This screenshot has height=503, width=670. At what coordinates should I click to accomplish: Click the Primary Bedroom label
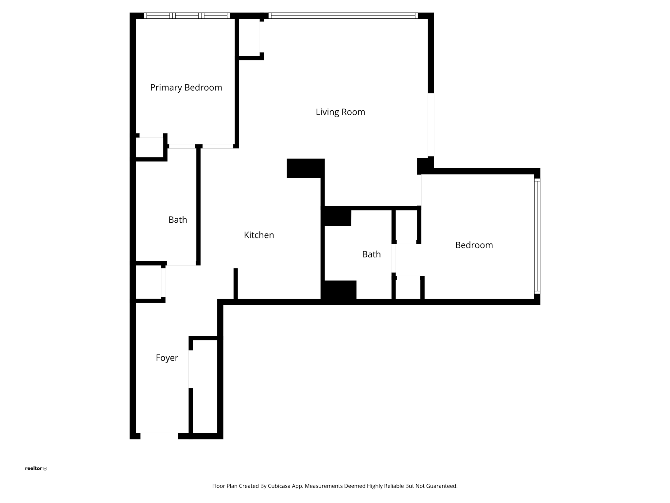point(186,87)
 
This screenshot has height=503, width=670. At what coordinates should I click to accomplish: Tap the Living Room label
point(340,112)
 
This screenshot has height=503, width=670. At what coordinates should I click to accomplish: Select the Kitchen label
point(259,235)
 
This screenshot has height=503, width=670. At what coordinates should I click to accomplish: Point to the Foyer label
point(167,358)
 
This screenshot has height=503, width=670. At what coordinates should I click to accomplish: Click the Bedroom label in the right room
point(474,245)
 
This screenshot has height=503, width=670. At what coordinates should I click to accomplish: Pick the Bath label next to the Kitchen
point(178,220)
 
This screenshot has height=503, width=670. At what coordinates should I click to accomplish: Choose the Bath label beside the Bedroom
point(371,254)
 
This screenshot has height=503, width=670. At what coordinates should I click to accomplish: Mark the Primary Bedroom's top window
point(187,16)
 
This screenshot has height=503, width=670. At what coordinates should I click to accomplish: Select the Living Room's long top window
point(343,16)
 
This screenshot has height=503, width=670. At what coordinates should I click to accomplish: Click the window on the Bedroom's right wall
point(537,235)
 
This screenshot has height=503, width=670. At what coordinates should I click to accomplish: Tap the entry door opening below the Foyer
point(159,436)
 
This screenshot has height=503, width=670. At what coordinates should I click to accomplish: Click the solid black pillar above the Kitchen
point(306,168)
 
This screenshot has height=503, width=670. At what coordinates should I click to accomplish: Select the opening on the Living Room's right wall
point(431,125)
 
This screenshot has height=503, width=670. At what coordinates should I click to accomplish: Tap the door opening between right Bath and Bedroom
point(394,258)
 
